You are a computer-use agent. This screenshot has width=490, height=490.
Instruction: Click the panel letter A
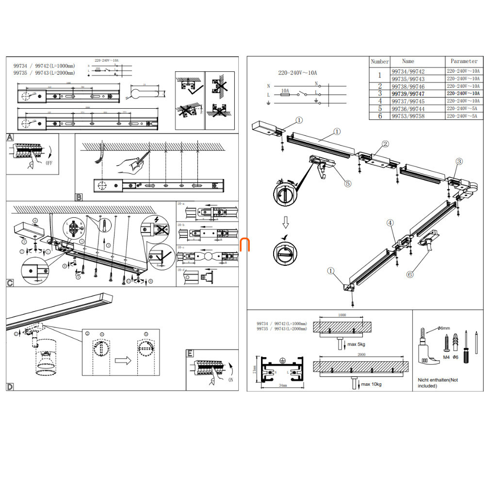click(x=10, y=138)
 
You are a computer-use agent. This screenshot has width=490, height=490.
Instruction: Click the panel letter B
click(x=79, y=197)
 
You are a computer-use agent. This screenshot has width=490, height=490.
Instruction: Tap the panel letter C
click(x=10, y=282)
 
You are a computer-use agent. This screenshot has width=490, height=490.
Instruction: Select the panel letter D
click(x=10, y=387)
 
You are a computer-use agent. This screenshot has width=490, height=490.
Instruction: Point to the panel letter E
click(x=190, y=353)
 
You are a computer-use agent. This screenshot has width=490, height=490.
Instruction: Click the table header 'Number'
click(x=380, y=62)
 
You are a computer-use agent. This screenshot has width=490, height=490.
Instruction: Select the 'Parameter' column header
click(x=464, y=61)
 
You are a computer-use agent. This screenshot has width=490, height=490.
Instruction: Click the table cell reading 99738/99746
click(x=408, y=86)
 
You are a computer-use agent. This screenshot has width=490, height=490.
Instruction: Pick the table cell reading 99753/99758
click(x=408, y=116)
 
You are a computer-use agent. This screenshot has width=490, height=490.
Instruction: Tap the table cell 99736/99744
click(x=408, y=109)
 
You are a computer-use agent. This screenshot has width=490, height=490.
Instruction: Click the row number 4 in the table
click(x=380, y=101)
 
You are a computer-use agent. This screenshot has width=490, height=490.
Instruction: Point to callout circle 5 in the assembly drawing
click(x=348, y=183)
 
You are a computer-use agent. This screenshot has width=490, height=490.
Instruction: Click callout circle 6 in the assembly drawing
click(x=410, y=274)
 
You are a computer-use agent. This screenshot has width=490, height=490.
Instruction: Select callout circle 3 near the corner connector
click(x=459, y=161)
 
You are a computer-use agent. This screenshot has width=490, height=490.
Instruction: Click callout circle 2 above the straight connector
click(x=385, y=144)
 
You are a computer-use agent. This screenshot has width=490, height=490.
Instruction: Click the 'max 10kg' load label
click(x=371, y=384)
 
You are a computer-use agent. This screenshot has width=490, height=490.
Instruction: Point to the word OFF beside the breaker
click(x=49, y=163)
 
